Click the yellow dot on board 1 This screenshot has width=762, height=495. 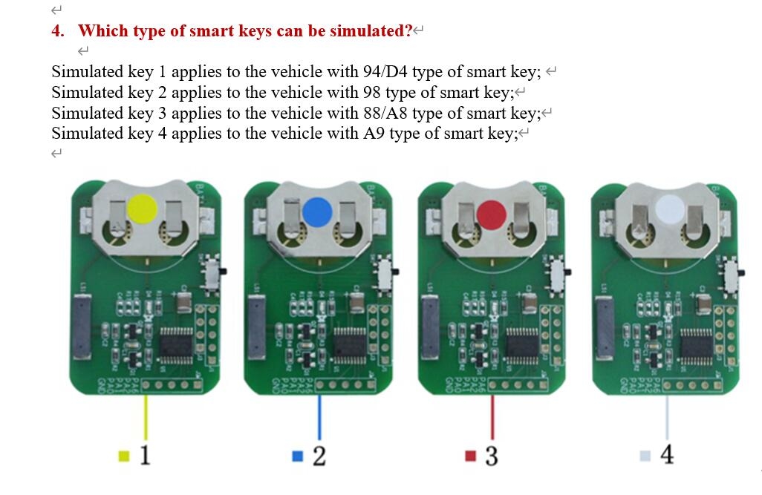tap(142, 208)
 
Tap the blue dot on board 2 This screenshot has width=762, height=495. tap(317, 211)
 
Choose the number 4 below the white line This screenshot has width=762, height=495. tap(667, 454)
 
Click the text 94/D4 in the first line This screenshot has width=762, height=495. tap(385, 73)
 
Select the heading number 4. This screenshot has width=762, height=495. tap(57, 31)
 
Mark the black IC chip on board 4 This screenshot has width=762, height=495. tap(696, 345)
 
